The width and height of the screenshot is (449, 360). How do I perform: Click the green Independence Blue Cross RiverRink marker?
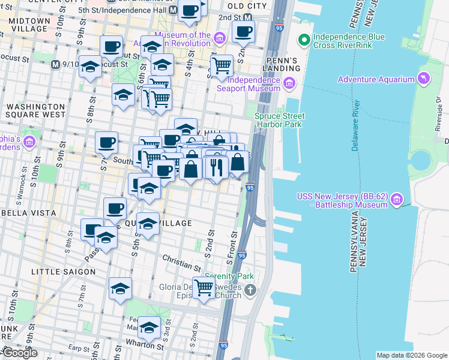305,41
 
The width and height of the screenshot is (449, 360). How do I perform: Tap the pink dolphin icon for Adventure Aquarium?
424,79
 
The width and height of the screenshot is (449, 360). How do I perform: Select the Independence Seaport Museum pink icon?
290,83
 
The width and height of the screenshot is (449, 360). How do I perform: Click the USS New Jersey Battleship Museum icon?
396,205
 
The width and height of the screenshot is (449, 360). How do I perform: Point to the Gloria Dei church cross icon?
250,290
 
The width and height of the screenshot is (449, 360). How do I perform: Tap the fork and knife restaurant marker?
217,167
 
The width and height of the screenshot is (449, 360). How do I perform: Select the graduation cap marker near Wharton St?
149,328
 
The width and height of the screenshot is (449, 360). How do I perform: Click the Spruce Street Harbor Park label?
280,120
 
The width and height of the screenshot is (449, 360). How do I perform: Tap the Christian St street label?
181,262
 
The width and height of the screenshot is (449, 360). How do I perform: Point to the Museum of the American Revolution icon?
220,39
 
